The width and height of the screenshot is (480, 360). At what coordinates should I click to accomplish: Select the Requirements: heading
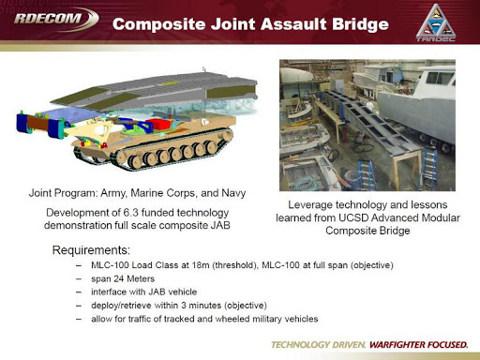tap(91, 250)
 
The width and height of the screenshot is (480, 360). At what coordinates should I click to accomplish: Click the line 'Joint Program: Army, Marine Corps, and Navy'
tap(136, 193)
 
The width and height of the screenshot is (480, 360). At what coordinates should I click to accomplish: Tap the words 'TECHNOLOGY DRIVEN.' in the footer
tap(317, 344)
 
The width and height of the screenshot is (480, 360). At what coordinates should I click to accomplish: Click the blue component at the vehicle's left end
tap(26, 122)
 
